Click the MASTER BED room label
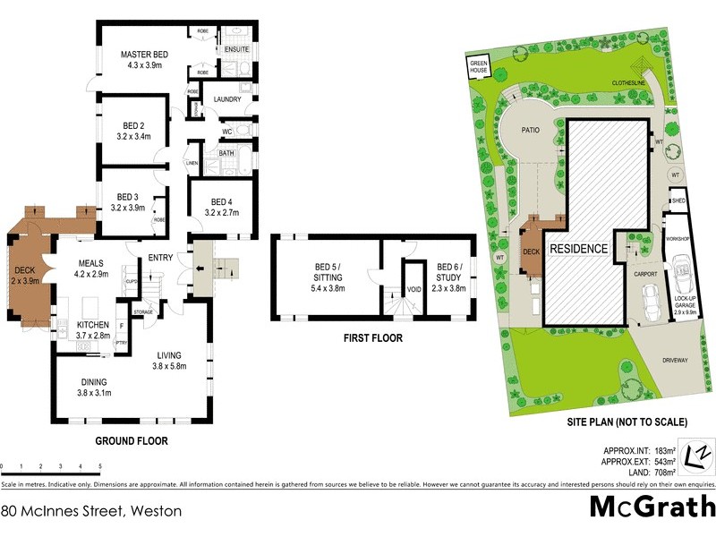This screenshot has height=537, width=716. (144, 55)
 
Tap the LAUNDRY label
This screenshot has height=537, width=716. (227, 99)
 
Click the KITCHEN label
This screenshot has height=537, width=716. (92, 323)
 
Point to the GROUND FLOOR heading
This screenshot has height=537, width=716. (132, 441)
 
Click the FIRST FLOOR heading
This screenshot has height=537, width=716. (372, 339)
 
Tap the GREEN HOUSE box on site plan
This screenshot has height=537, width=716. (479, 67)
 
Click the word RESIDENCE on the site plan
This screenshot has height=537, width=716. (578, 249)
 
